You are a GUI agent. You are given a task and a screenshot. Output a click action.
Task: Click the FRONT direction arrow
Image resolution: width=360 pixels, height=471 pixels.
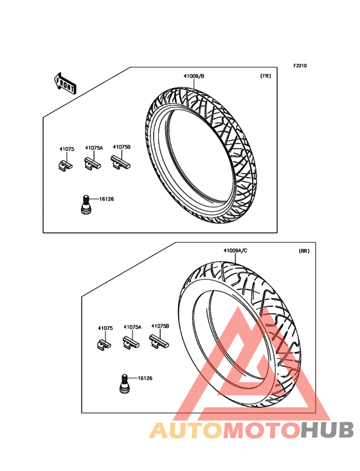[65, 84]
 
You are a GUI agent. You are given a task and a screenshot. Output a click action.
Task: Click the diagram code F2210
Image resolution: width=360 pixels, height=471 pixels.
[300, 66]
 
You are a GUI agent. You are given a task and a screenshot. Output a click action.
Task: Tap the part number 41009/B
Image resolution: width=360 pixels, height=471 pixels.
[194, 77]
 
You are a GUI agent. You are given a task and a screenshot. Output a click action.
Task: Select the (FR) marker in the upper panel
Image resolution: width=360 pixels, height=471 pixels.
[265, 77]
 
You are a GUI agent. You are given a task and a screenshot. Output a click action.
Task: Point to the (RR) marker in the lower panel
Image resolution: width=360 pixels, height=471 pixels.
[304, 251]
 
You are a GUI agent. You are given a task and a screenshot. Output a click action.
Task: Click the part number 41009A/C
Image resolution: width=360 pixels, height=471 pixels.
[235, 250]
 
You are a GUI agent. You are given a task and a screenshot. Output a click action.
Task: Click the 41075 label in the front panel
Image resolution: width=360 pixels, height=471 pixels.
[67, 149]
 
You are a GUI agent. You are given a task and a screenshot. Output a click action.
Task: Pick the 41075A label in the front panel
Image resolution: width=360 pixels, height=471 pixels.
[94, 148]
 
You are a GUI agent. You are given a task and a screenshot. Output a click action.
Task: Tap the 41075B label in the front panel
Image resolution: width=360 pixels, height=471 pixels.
[122, 147]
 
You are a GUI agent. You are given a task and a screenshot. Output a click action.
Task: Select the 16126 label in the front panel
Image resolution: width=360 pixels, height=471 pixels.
[106, 199]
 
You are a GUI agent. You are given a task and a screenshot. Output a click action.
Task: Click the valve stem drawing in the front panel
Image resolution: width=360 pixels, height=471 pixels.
[85, 205]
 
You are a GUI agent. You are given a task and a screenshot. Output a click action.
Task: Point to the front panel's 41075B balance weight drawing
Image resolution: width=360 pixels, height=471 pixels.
[120, 163]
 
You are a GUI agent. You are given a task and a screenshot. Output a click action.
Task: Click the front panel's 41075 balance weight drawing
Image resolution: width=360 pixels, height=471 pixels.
[65, 165]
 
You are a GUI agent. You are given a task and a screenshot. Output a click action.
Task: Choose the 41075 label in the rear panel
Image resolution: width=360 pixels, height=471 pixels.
[105, 328]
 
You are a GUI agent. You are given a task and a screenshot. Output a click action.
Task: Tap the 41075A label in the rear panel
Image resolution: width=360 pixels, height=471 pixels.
[132, 327]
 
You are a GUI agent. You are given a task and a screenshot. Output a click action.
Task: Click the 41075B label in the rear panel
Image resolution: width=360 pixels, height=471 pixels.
[160, 326]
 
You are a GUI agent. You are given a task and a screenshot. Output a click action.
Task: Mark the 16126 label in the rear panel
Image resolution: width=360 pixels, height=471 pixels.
[145, 378]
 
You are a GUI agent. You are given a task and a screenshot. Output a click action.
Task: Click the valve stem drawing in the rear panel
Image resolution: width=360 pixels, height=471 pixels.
[124, 383]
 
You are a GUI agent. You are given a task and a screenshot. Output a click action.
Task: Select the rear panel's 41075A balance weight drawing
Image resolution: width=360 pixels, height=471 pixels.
[131, 343]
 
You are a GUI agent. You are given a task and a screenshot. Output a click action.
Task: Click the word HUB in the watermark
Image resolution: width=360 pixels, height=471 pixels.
[327, 430]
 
